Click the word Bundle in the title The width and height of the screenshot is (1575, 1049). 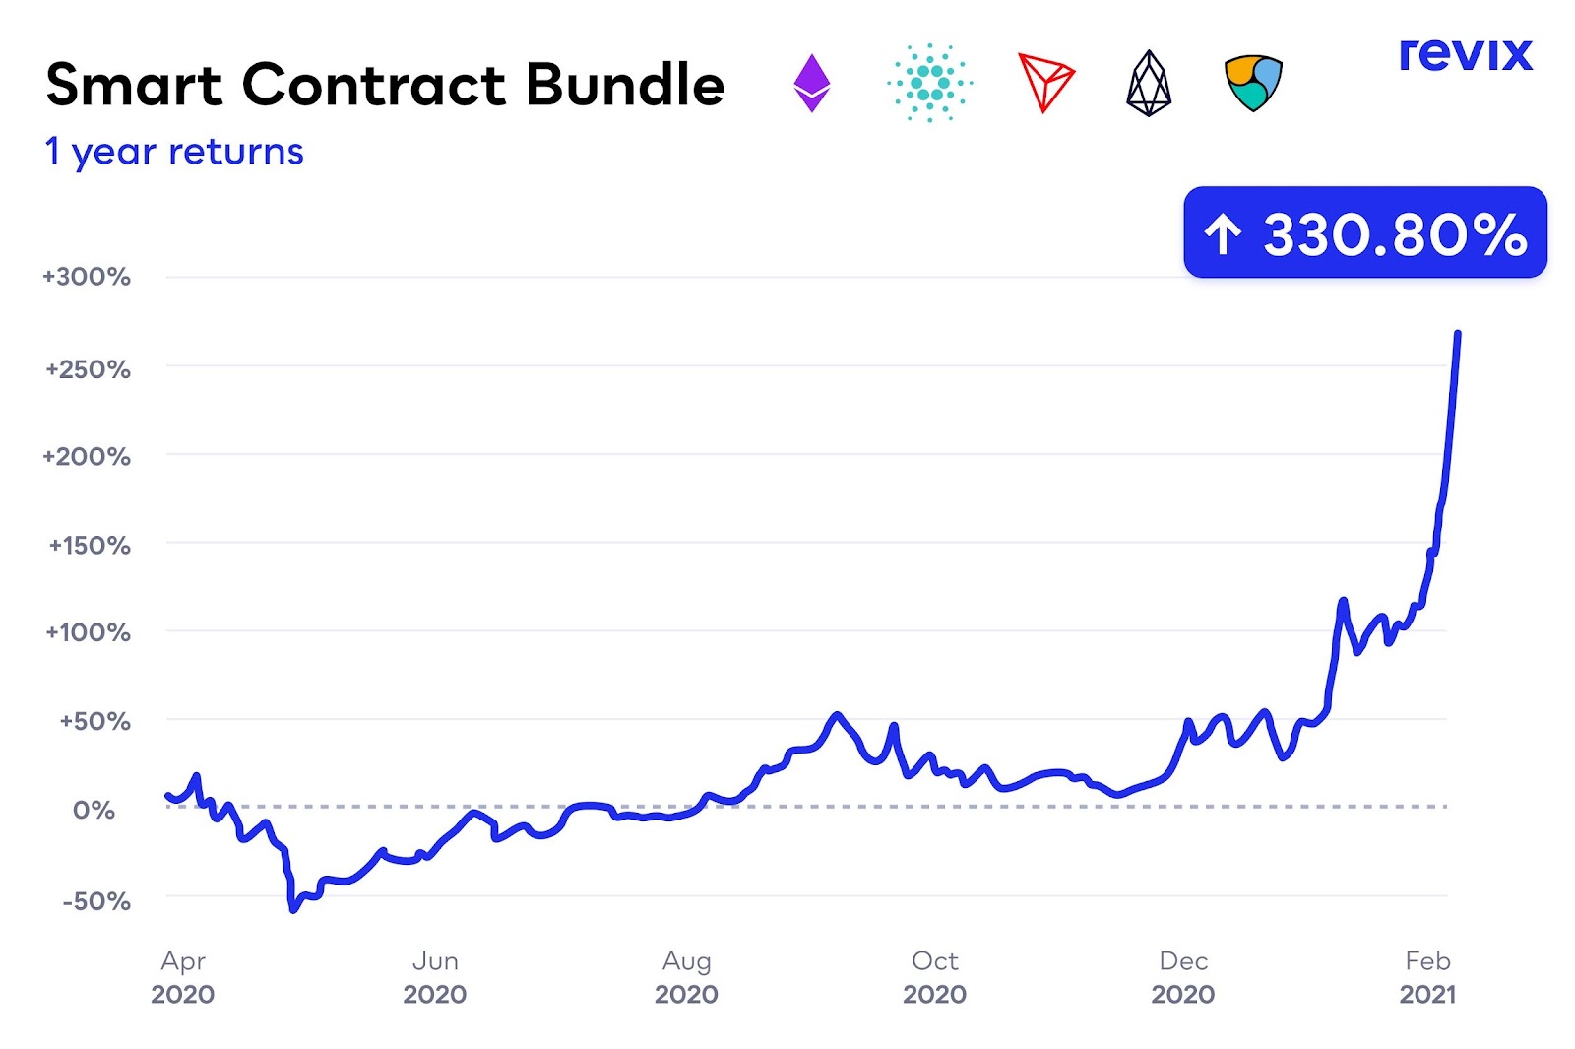point(625,85)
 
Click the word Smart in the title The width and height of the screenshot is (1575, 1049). point(134,85)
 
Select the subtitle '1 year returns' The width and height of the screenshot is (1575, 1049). point(174,152)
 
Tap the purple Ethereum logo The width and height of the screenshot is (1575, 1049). point(812,83)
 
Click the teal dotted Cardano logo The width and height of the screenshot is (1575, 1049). point(929,83)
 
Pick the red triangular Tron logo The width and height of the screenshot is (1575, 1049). point(1044,83)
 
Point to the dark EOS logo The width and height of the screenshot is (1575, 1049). point(1149,83)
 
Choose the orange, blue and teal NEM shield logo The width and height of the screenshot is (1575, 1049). point(1253,83)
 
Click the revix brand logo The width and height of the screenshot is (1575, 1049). point(1466,54)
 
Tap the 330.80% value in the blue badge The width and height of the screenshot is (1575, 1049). point(1395,234)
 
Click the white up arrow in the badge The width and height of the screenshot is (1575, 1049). point(1224,234)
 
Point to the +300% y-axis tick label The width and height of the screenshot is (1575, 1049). point(87,277)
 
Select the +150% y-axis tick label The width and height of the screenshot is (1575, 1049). point(90,546)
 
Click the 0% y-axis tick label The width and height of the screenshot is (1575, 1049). point(94,811)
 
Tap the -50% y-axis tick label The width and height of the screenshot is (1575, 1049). point(96,901)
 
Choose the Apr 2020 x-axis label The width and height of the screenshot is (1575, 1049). point(183,977)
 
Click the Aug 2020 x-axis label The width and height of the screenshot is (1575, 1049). point(686,977)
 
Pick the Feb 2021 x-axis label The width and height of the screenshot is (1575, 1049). point(1427,977)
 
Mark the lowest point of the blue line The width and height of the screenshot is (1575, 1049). point(293,909)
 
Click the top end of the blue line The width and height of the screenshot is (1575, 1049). point(1458,334)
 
